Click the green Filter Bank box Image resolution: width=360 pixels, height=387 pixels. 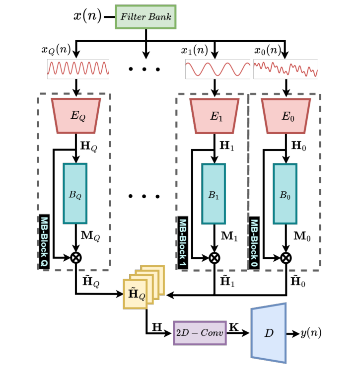145,17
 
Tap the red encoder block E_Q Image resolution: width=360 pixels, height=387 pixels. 75,116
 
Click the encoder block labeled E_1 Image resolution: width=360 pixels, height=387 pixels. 214,116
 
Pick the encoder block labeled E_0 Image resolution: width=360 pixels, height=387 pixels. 286,116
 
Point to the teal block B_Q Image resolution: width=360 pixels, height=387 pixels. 75,193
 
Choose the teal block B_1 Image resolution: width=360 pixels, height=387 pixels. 214,193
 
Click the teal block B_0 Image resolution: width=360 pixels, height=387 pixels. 285,193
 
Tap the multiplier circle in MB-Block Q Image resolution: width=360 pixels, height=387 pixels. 75,257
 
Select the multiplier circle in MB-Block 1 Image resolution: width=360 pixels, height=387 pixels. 214,257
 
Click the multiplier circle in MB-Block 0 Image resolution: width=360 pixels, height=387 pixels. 286,257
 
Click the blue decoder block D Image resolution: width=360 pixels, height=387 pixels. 269,332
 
